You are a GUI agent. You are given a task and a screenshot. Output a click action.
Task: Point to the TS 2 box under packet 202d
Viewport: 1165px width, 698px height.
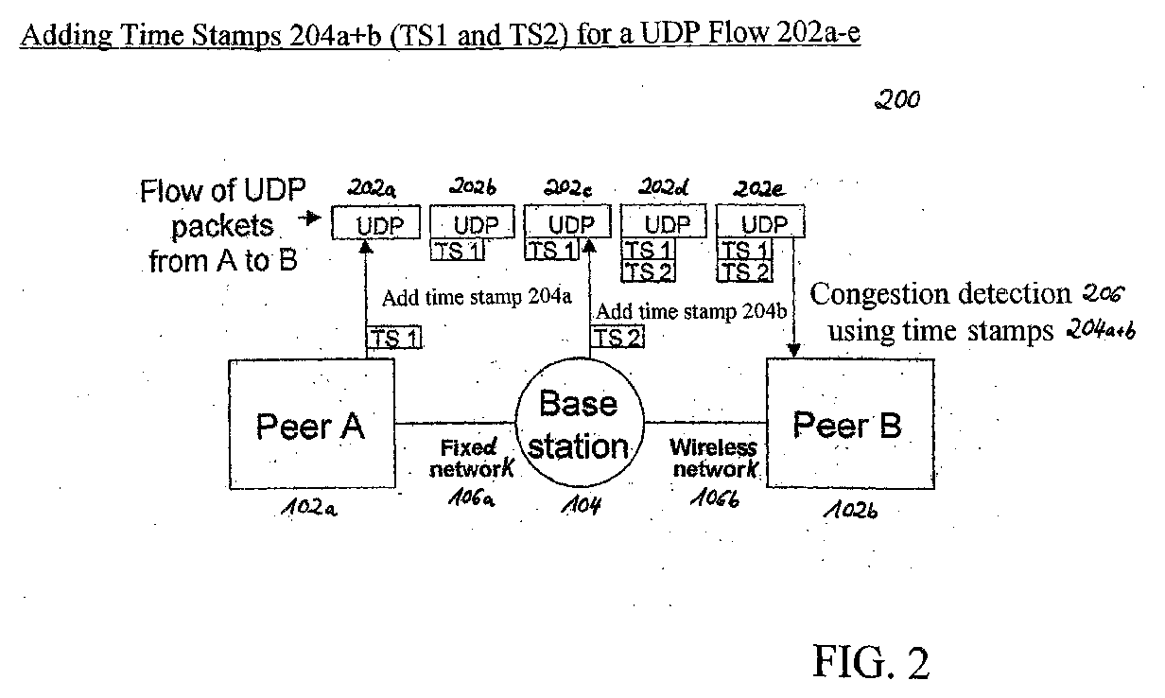(x=648, y=271)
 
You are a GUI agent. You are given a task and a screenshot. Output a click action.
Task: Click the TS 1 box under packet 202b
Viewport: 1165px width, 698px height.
(x=457, y=251)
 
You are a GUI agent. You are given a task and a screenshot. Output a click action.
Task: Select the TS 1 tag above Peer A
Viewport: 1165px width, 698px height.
(x=394, y=338)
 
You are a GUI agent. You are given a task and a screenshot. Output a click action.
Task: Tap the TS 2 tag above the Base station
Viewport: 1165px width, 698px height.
(x=617, y=337)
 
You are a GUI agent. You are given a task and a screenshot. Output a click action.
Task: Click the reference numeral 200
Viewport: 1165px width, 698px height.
(x=897, y=98)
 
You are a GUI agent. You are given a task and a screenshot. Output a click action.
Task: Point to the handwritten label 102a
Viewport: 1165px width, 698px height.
(x=309, y=507)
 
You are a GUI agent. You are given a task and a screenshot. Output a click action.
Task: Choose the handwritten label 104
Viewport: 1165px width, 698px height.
(x=581, y=504)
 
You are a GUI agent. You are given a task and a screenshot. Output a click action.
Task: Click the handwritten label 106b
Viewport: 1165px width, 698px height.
(x=715, y=498)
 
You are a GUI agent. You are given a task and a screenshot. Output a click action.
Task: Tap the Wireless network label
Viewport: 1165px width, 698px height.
(x=715, y=458)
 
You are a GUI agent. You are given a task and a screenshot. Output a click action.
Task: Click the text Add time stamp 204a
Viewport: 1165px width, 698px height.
(x=477, y=297)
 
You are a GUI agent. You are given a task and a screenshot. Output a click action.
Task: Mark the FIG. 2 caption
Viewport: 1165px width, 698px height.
(x=871, y=662)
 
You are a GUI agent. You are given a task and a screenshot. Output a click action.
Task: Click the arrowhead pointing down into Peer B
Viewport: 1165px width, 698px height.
(x=793, y=351)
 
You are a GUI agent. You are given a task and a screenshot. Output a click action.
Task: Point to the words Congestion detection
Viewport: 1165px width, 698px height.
(x=940, y=294)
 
